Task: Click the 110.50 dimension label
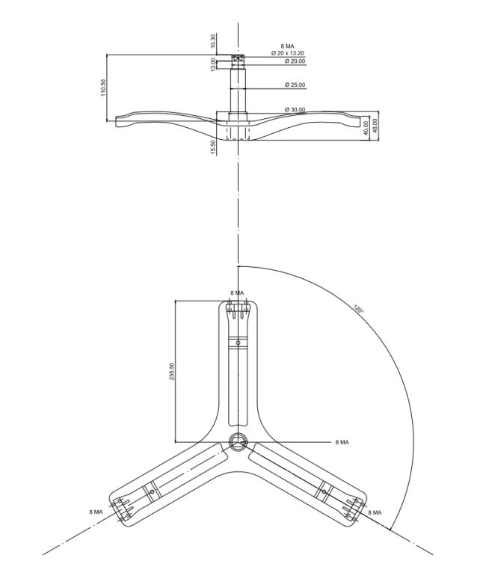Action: (103, 88)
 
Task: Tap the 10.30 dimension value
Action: (213, 41)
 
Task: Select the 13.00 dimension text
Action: (213, 64)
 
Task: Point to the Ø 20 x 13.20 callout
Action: (287, 53)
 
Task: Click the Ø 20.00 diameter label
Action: (295, 61)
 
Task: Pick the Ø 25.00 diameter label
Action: (295, 85)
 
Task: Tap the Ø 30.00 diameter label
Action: (295, 109)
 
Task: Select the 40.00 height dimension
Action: (366, 128)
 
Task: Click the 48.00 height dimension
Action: (375, 126)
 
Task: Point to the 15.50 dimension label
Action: (213, 147)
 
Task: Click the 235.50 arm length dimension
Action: (172, 371)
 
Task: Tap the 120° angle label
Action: (359, 308)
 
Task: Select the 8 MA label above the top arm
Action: (237, 293)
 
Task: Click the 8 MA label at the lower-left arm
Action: (96, 512)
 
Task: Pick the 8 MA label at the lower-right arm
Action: (375, 512)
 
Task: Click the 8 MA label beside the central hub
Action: (342, 442)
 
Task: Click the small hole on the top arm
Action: (238, 343)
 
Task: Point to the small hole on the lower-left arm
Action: (152, 492)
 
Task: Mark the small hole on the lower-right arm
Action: (324, 492)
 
